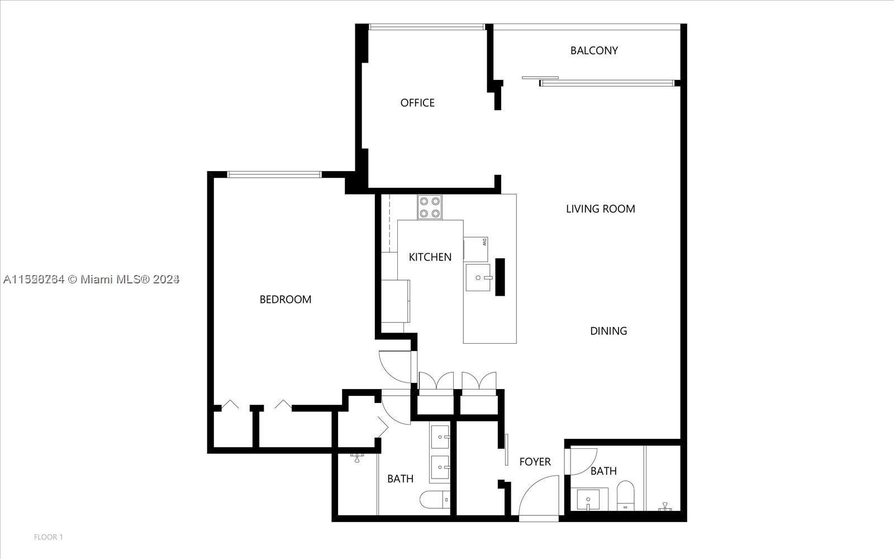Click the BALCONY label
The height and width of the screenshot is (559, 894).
pos(594,50)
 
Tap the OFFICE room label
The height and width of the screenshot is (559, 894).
pos(417,103)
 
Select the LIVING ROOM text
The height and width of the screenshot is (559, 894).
pos(600,209)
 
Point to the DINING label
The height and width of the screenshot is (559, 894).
pos(608,331)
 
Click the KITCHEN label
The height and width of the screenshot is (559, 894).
pos(430,257)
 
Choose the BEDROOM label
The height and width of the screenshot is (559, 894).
pos(285,300)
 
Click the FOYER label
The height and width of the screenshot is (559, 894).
pos(535,462)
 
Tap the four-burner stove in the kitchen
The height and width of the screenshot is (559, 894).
pos(430,207)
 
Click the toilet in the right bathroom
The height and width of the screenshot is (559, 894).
pos(625,495)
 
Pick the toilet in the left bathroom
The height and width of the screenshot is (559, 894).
pos(435,499)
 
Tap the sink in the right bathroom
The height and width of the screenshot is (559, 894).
pos(588,499)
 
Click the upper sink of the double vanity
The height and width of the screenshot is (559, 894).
pos(440,435)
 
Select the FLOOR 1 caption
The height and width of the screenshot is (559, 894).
pos(49,537)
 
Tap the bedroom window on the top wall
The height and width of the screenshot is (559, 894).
pos(274,174)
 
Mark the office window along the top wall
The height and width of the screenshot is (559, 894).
pos(427,27)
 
